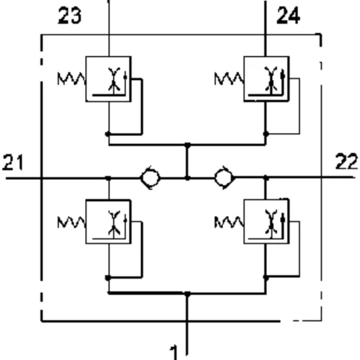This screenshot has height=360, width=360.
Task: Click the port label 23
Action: pos(70,16)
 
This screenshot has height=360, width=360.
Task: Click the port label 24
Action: pos(288,16)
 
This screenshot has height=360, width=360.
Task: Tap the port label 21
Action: pos(13,163)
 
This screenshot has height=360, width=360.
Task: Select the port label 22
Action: pos(346,161)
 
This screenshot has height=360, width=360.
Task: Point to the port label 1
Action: pos(174,353)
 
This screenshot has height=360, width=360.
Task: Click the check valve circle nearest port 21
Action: pos(150,178)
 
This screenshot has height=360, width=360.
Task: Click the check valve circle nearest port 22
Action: pos(224,178)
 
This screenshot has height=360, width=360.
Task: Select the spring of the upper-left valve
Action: pos(71,78)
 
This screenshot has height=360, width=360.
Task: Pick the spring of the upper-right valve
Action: pos(229,78)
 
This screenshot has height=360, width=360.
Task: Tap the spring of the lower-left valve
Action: pos(71,222)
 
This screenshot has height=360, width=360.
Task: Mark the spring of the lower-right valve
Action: pos(229,222)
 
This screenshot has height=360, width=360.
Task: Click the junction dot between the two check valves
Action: pos(187,178)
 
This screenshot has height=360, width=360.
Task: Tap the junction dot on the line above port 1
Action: pos(187,294)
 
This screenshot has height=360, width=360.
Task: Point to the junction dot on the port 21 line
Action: pos(109,178)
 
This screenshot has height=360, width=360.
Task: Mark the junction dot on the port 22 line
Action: pos(266,178)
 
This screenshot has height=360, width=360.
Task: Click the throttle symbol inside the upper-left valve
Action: pos(114,79)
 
